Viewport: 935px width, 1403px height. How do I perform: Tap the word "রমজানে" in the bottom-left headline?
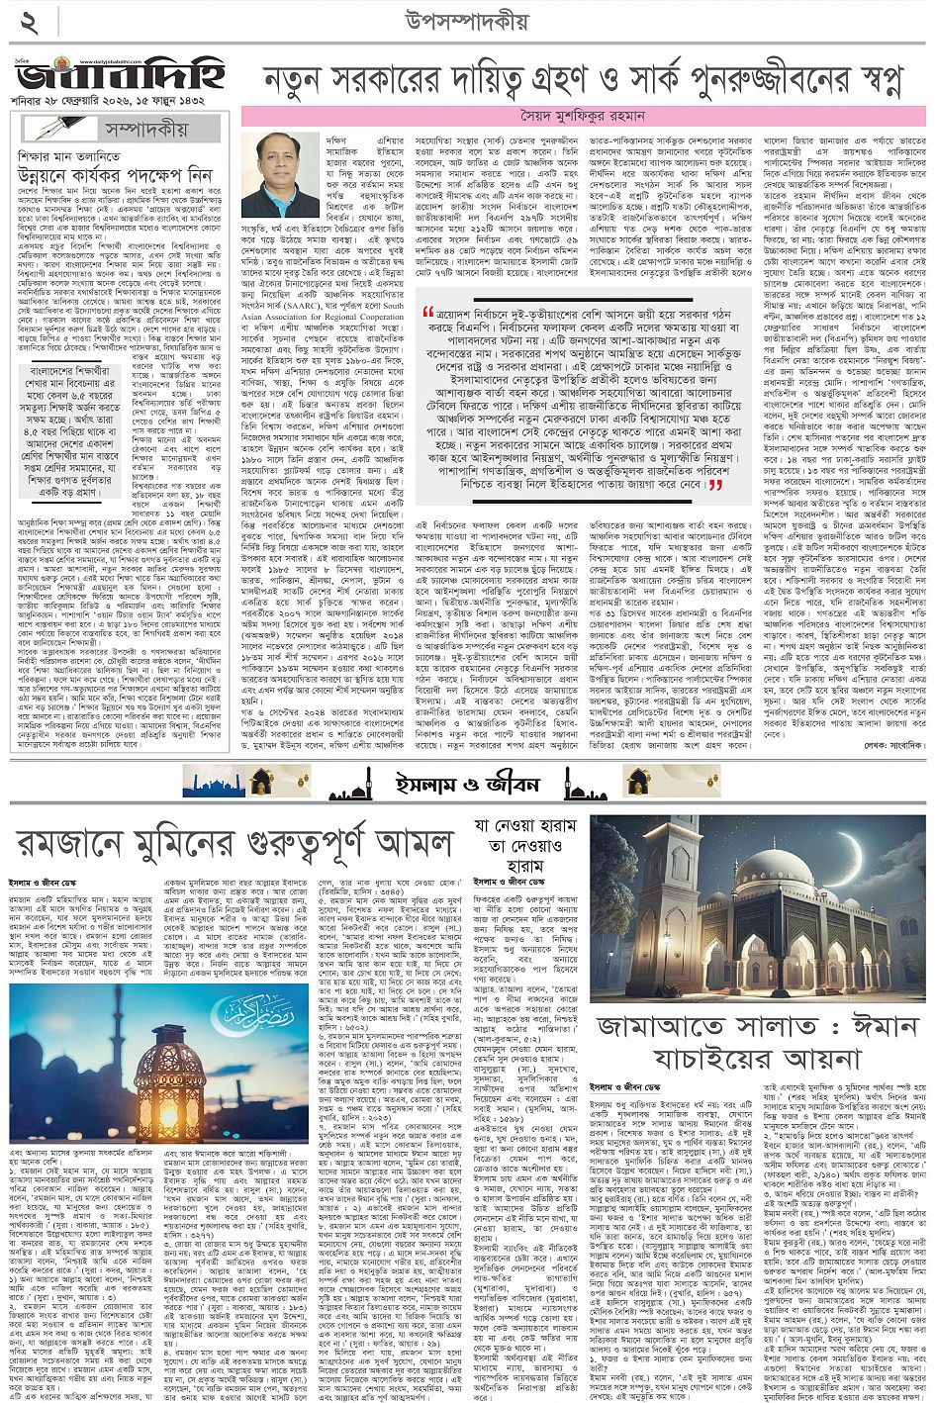click(x=82, y=843)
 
